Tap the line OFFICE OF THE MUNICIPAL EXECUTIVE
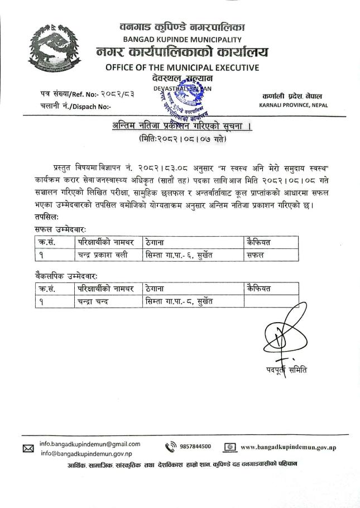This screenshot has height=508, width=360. point(182,68)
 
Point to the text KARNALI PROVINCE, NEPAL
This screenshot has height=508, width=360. point(294,105)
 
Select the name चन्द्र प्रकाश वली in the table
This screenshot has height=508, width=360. point(103,255)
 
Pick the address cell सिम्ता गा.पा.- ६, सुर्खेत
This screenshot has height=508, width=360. point(178,255)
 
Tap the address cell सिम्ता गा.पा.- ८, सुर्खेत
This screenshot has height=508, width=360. point(178,301)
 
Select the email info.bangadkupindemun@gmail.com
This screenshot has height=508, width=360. point(90,444)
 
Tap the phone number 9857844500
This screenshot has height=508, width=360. point(195,446)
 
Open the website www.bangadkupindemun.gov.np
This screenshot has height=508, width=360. point(289,447)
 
